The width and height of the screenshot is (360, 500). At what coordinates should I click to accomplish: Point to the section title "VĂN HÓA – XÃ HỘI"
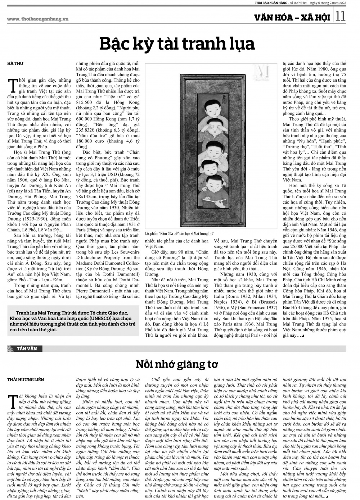point(295,17)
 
